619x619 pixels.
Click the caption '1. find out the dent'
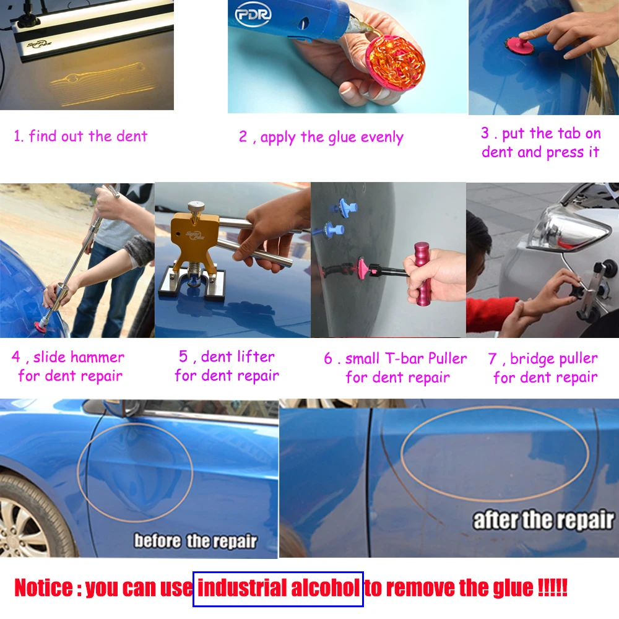pos(81,136)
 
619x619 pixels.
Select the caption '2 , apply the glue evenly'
pos(321,137)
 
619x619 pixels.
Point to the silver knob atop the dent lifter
pos(197,207)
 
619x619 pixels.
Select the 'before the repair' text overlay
pos(195,541)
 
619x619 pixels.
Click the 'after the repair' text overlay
pos(543,521)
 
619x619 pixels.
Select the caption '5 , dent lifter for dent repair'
pos(227,366)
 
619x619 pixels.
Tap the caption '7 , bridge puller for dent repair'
pos(543,368)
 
